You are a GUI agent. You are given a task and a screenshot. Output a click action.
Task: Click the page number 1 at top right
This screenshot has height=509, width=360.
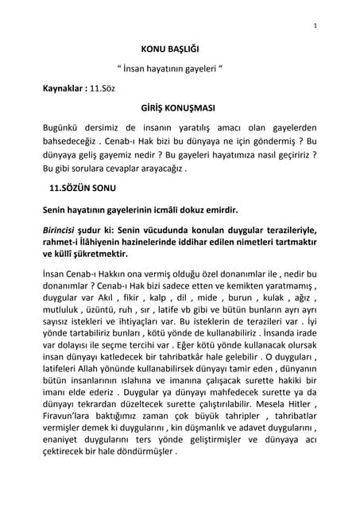[x=315, y=26]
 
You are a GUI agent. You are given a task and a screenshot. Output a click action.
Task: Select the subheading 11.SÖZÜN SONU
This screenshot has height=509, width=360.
[x=85, y=188]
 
